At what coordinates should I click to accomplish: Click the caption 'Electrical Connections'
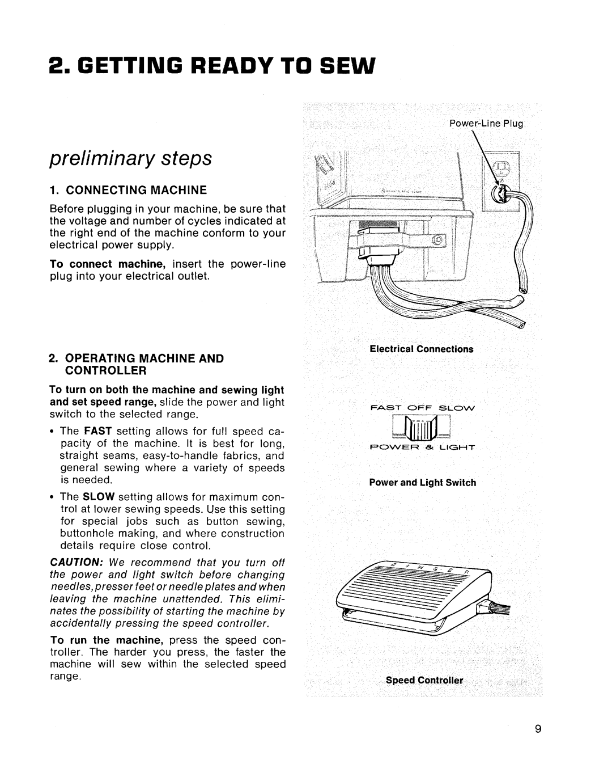tap(421, 349)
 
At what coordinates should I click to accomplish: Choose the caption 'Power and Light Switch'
tap(423, 483)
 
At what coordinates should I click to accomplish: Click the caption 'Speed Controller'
tap(424, 680)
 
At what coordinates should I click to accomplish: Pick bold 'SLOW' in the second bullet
tap(99, 497)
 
